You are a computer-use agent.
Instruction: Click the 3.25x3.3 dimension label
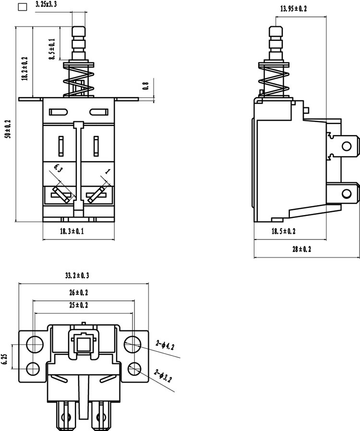tap(46, 5)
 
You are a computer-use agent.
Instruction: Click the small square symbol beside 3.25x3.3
tap(22, 7)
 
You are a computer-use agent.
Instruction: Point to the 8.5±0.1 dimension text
tap(52, 49)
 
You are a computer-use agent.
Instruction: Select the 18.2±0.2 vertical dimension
tap(25, 69)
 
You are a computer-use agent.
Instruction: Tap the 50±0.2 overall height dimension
tap(8, 129)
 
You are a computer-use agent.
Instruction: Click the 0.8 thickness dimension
tap(146, 85)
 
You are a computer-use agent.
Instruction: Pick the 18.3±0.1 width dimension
tap(72, 231)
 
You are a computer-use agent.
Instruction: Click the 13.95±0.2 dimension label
tap(293, 9)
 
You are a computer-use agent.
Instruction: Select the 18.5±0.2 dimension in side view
tap(284, 231)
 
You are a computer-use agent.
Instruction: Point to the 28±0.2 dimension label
tap(302, 249)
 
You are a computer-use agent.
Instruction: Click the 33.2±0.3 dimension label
tap(77, 275)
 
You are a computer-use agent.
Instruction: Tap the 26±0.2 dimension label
tap(79, 292)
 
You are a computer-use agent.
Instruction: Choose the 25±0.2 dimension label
tap(79, 305)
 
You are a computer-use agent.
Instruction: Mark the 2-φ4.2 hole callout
tap(165, 345)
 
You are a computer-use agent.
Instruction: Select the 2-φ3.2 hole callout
tap(163, 375)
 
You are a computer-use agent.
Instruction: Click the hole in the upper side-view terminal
tap(347, 146)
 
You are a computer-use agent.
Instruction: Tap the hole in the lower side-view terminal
tap(347, 194)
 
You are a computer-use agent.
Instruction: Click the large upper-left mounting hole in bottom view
tap(35, 344)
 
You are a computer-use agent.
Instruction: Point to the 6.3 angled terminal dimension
tap(58, 168)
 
